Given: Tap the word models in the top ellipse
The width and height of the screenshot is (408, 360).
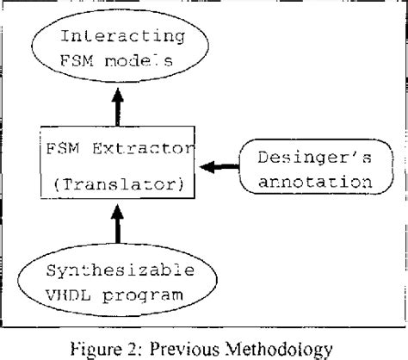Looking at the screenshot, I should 149,65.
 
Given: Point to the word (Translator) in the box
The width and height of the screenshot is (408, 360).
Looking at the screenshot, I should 118,183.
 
